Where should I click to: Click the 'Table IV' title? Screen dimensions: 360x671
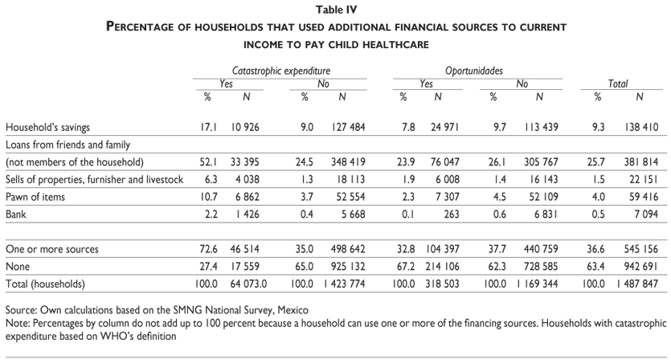click(x=336, y=10)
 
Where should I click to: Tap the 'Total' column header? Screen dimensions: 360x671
click(x=618, y=84)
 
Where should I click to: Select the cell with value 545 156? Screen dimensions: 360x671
click(x=638, y=250)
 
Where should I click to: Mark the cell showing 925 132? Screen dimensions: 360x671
click(x=342, y=265)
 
